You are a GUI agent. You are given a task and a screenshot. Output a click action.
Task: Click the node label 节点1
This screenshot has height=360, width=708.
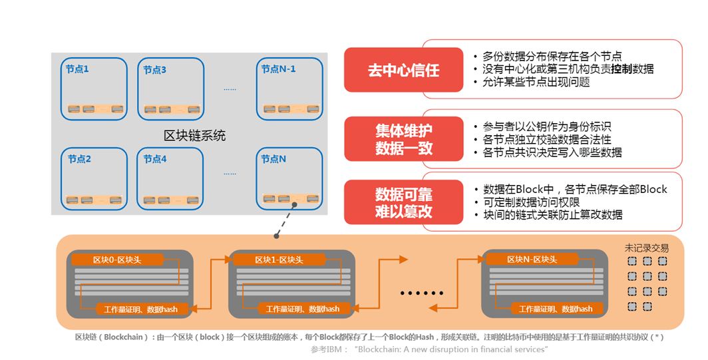(77, 69)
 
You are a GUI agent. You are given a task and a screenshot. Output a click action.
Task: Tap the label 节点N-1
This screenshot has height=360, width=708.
(278, 69)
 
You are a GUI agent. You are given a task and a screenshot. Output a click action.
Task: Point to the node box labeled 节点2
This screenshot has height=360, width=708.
(94, 178)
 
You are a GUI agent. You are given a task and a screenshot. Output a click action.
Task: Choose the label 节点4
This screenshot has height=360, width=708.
(154, 159)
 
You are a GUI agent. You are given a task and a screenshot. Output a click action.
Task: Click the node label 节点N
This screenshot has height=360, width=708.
(273, 159)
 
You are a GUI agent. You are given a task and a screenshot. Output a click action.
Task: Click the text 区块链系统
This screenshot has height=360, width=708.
(194, 136)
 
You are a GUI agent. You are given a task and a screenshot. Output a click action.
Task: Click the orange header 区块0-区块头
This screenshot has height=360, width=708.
(117, 260)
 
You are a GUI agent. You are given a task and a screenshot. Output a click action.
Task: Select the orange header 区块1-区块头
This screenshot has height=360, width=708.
(278, 260)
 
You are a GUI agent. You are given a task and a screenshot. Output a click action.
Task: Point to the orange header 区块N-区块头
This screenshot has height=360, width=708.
(532, 260)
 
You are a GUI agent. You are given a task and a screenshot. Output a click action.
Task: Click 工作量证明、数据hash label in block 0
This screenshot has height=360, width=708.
(136, 309)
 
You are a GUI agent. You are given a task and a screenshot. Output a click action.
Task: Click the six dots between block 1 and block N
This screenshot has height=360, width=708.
(421, 292)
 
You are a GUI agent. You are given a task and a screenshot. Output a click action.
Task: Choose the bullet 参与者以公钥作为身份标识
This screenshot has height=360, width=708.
(546, 126)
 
